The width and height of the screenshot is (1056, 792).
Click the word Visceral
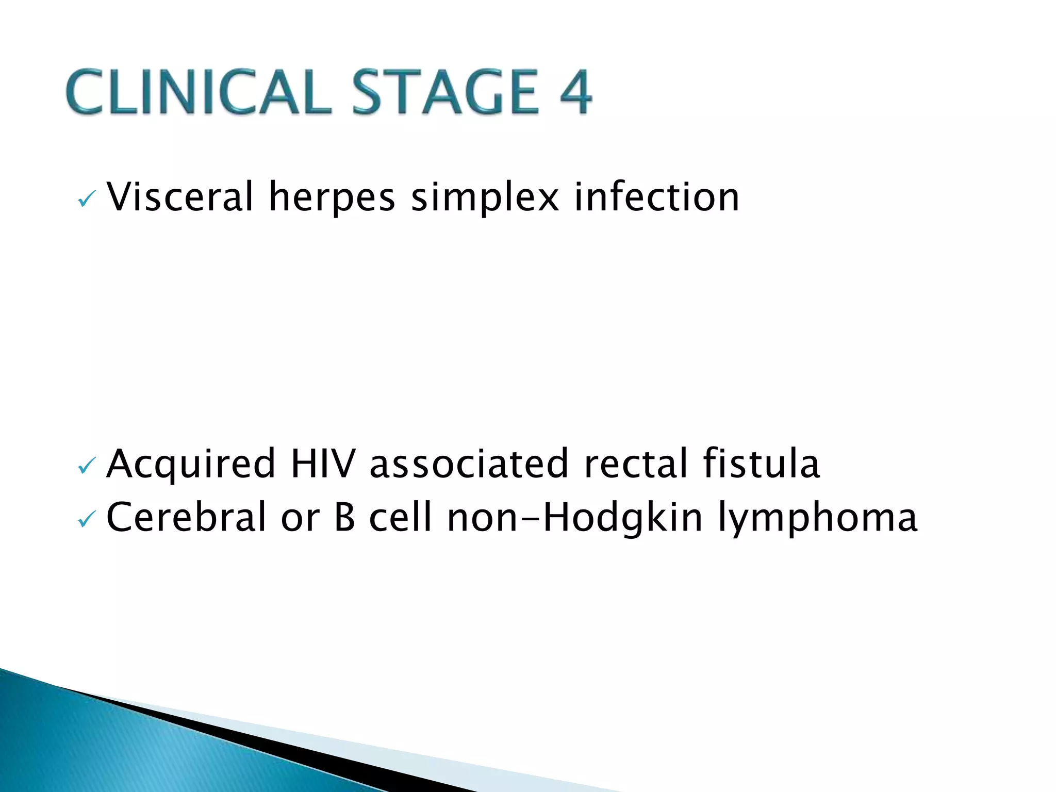(179, 197)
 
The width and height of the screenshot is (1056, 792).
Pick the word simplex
(485, 198)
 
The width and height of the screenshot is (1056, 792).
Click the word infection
(656, 197)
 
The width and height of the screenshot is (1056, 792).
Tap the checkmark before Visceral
(86, 200)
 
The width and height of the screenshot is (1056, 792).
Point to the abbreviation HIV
(323, 463)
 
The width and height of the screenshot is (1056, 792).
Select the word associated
(469, 463)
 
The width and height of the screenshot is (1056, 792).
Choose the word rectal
(635, 463)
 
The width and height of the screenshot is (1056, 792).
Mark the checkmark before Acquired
(86, 467)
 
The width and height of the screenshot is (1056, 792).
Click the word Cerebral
(186, 517)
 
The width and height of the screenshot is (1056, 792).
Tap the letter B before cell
(344, 517)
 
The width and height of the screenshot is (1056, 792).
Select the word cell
(400, 517)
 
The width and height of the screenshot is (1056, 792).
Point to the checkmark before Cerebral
(86, 520)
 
